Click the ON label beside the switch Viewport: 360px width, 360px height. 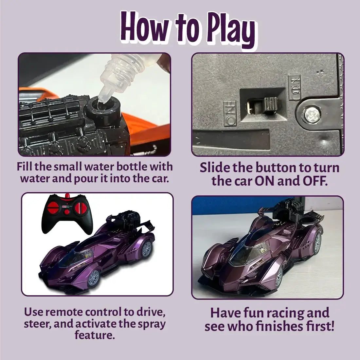[x=294, y=87]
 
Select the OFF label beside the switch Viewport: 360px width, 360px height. [x=230, y=113]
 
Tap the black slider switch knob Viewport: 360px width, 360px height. [x=270, y=105]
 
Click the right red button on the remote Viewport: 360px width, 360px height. [x=81, y=208]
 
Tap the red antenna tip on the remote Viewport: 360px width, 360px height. [x=67, y=196]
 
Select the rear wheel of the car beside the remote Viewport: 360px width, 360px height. [x=147, y=249]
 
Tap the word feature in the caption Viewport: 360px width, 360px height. [x=95, y=335]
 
